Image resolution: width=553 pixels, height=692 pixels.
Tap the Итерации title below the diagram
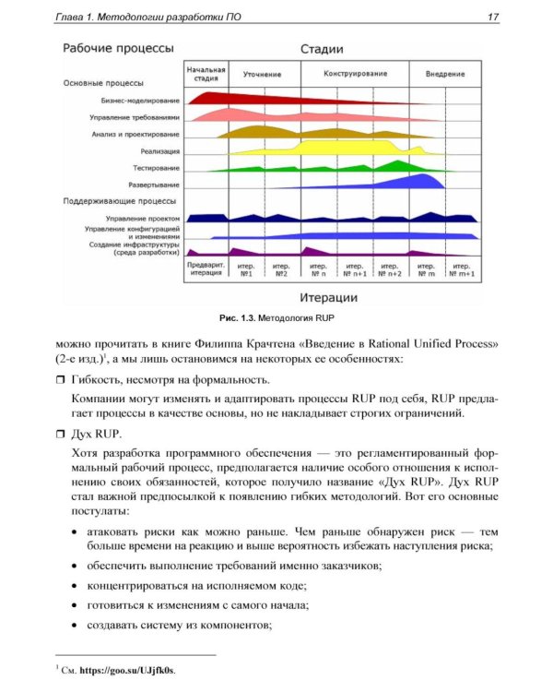(x=329, y=297)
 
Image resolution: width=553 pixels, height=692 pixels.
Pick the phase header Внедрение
(x=444, y=73)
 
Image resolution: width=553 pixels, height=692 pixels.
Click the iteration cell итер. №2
(x=280, y=269)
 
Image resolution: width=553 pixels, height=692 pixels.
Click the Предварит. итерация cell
(x=206, y=269)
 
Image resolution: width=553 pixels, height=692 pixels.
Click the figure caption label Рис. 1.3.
(x=237, y=317)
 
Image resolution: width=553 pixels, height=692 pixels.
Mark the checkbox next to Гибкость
(x=62, y=380)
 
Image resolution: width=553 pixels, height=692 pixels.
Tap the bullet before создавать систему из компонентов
(x=74, y=626)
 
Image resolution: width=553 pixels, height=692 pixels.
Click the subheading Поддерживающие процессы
(x=120, y=200)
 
